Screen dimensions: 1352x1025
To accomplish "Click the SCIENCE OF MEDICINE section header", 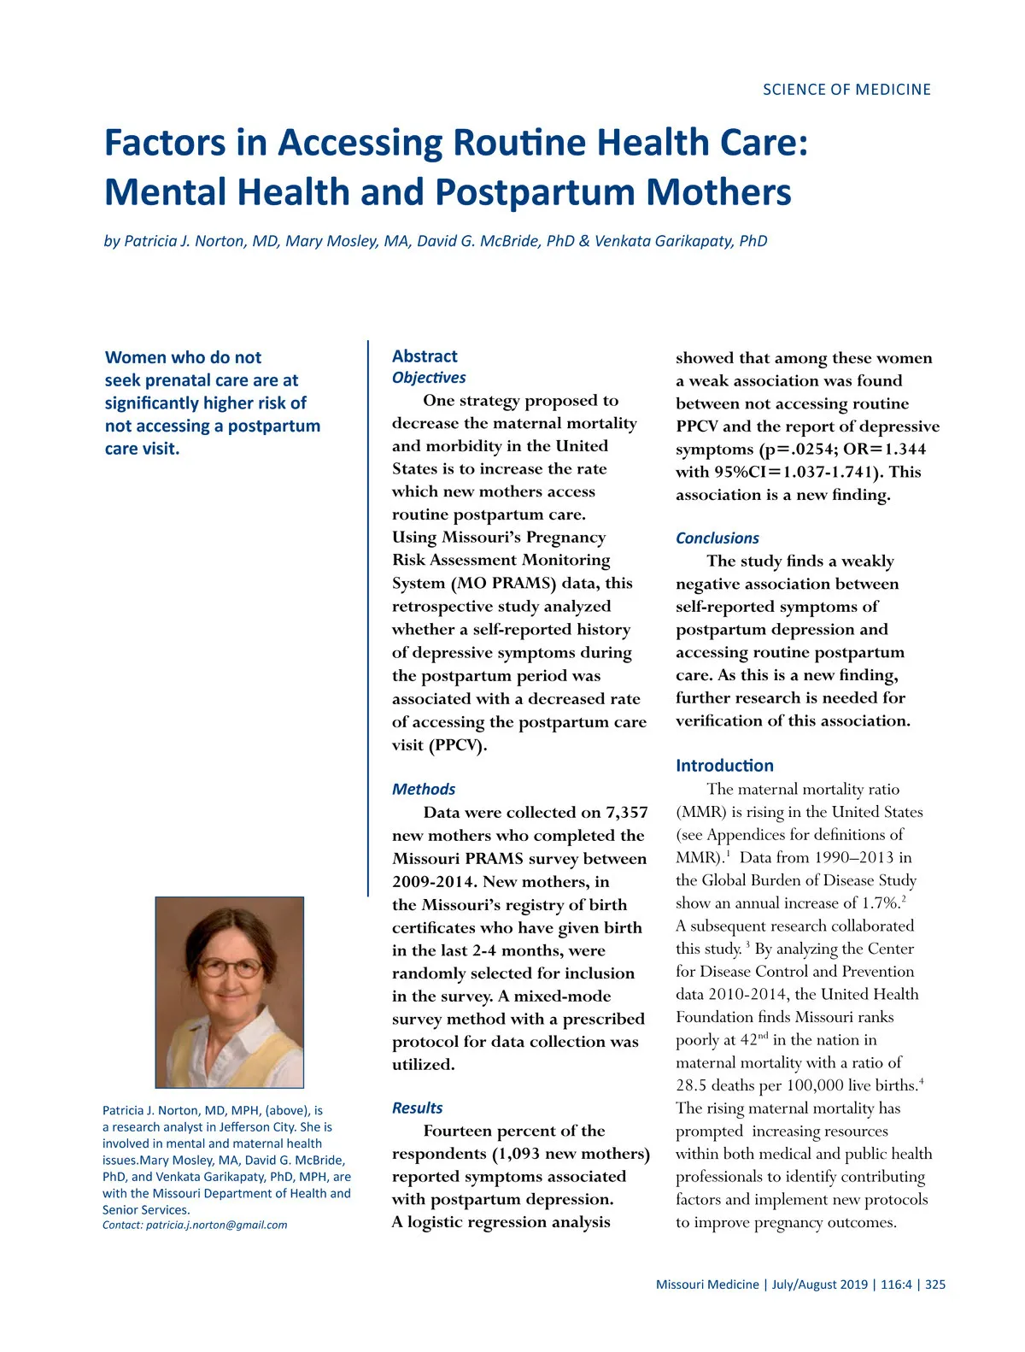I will tap(846, 90).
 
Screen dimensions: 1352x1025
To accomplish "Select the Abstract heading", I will tap(425, 356).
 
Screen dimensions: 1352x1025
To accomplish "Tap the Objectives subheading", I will tap(429, 378).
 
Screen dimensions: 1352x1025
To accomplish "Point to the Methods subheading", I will tap(424, 789).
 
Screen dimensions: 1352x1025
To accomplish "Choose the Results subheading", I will tap(417, 1108).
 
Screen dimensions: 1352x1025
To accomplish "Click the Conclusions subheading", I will tap(717, 538).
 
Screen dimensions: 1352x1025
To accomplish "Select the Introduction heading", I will tap(724, 766).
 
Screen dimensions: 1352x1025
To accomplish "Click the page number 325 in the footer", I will tap(935, 1284).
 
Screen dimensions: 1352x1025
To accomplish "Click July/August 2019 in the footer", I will tap(820, 1284).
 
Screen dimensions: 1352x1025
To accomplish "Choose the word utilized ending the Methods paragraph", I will tap(423, 1065).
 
